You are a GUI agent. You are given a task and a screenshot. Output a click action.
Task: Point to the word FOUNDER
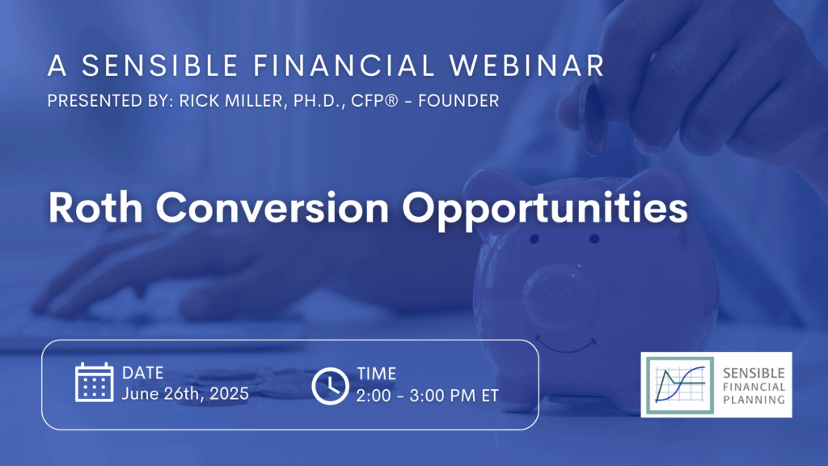pos(458,101)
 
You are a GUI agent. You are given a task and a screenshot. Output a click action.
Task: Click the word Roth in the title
pos(95,208)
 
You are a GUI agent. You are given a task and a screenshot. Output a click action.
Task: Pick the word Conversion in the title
pos(272,208)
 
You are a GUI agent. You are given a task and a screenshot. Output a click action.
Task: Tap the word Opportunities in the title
pos(545,210)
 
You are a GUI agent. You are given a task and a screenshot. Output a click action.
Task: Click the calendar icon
pos(94,382)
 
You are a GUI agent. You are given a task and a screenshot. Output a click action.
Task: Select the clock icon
pos(330,386)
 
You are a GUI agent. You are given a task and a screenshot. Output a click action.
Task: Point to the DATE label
pos(142,373)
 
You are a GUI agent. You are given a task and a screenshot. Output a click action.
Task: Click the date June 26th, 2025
pos(185,394)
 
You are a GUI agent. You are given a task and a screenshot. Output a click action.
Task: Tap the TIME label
pos(377,374)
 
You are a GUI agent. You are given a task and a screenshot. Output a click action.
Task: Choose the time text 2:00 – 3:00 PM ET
pos(427,396)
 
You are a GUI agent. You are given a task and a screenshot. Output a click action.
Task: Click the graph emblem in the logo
pos(680,385)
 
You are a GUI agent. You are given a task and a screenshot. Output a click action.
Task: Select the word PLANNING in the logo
pos(754,400)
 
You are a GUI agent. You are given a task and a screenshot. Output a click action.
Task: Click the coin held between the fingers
pos(594,118)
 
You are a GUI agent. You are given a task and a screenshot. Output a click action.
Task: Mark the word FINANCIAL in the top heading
pos(344,66)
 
